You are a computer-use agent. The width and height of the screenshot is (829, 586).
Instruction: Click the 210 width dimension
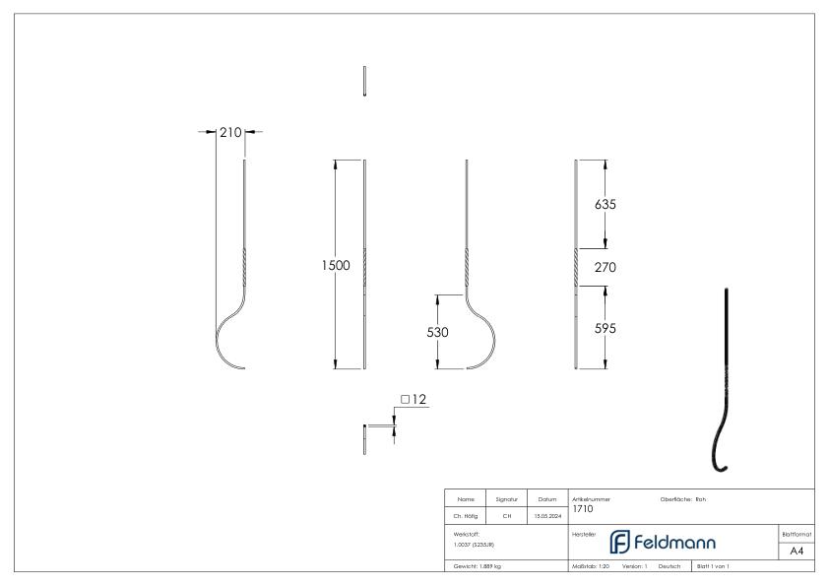[229, 132]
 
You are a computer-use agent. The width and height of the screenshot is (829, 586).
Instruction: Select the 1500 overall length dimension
[336, 266]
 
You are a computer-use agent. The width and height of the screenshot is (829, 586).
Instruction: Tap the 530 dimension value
[438, 333]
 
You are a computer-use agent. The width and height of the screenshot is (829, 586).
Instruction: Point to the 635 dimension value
[606, 205]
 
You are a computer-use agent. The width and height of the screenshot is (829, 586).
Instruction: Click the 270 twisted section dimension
[606, 267]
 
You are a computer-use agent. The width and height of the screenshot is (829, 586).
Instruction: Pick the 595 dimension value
[606, 329]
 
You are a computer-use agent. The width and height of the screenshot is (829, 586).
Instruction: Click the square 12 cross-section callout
[414, 400]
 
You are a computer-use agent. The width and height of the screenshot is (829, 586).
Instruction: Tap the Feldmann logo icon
[620, 542]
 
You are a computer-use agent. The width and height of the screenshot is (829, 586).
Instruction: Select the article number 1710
[583, 508]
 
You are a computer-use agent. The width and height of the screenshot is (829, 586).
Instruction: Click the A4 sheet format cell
[797, 551]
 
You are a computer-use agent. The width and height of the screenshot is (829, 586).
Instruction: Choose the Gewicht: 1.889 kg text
[478, 567]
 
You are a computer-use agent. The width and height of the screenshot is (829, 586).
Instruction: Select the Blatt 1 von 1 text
[713, 567]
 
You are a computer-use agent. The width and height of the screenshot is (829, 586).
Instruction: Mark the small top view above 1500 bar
[364, 82]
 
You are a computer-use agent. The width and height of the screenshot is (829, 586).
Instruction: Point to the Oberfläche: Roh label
[682, 499]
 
